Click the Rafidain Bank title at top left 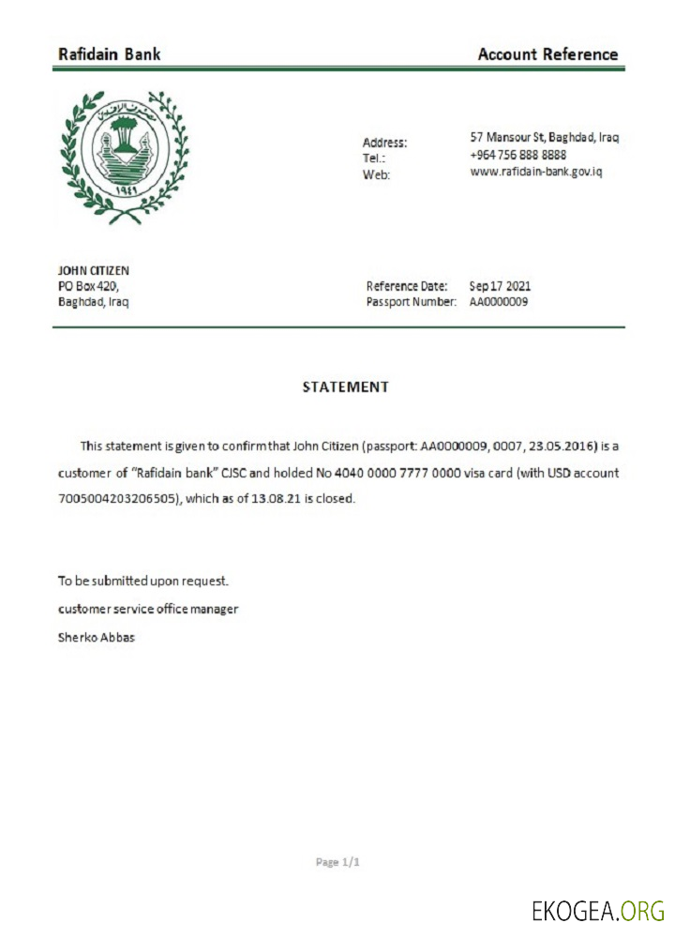109,54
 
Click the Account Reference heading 547,54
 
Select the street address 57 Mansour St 544,137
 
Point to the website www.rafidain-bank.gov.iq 535,172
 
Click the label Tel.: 374,159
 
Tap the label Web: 375,175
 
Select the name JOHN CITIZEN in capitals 94,270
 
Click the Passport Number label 411,302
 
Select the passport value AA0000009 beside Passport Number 498,302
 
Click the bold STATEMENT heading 345,386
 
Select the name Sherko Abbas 97,638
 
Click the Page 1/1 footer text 337,861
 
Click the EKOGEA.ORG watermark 597,910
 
